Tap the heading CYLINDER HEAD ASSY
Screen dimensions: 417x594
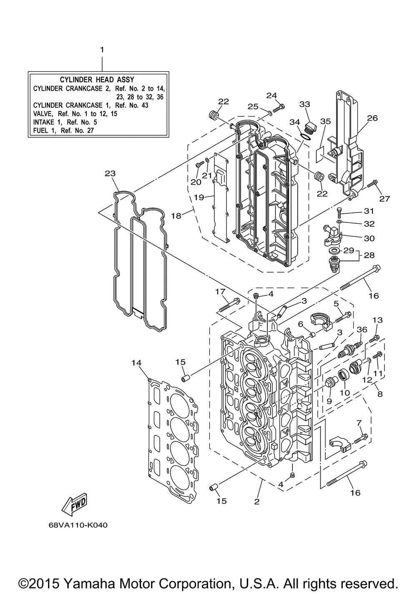point(97,80)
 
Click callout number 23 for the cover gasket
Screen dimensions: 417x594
point(110,173)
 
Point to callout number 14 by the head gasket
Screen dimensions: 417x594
point(137,362)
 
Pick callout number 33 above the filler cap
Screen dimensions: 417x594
point(305,104)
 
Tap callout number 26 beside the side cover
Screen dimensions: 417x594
point(372,118)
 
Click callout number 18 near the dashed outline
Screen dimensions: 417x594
point(176,216)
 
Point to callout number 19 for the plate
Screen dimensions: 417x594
point(199,197)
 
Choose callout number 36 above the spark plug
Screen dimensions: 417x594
point(362,329)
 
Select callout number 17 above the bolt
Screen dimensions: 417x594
point(220,292)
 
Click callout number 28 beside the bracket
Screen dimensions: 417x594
point(369,255)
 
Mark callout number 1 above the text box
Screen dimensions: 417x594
point(102,50)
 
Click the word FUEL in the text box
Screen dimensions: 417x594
point(40,131)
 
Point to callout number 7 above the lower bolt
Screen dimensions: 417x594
point(359,422)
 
